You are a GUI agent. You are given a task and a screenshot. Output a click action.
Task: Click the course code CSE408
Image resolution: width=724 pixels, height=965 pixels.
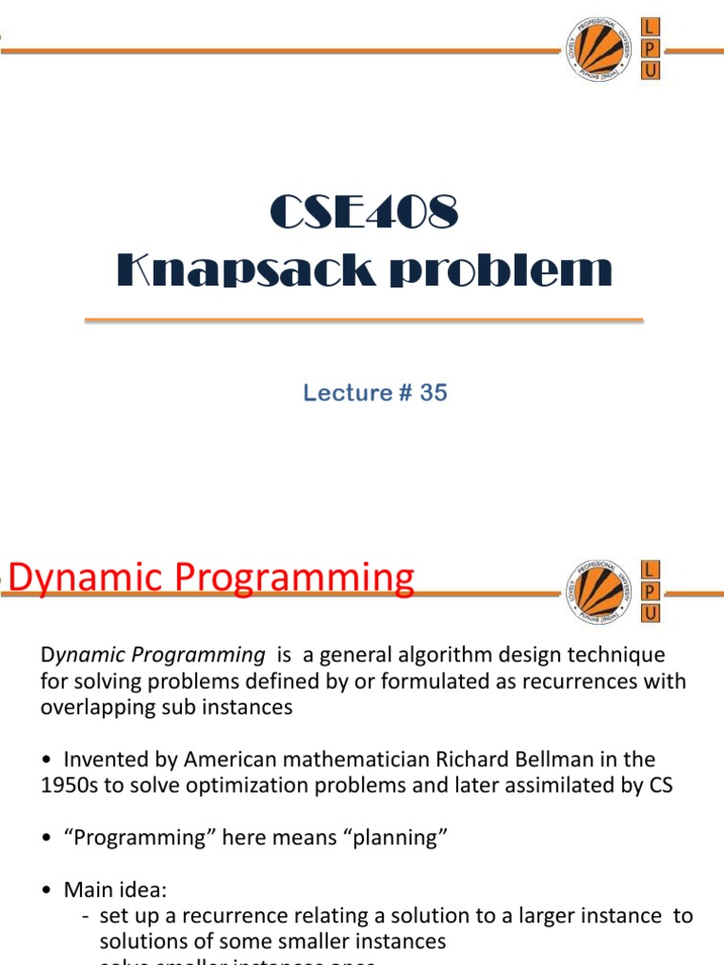pyautogui.click(x=364, y=213)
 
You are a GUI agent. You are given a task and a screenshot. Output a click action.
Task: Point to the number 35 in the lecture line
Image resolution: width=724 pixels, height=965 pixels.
pyautogui.click(x=434, y=393)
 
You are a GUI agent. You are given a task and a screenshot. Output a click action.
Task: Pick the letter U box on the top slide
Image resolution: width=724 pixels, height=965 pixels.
pyautogui.click(x=650, y=72)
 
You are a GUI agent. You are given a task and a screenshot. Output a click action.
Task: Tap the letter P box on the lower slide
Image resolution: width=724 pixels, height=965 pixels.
pyautogui.click(x=650, y=591)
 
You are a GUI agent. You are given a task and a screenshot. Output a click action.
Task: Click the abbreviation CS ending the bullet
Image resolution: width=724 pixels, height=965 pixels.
pyautogui.click(x=660, y=785)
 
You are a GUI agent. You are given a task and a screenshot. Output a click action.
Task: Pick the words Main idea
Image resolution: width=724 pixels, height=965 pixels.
pyautogui.click(x=105, y=889)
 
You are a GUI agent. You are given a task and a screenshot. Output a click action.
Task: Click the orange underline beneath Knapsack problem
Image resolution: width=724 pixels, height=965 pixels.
pyautogui.click(x=364, y=321)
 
